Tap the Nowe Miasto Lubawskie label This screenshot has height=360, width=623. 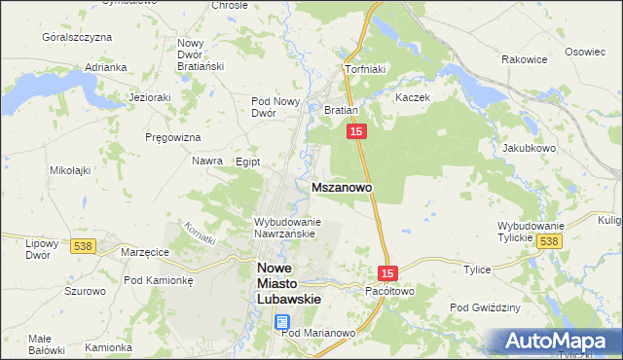288,283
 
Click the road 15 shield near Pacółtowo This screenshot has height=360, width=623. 387,275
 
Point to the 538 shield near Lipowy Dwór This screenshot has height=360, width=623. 82,247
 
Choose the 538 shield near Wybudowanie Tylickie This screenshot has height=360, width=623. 549,241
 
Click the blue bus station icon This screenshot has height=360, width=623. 281,321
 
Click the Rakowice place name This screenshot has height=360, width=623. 523,59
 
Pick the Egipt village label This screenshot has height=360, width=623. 248,162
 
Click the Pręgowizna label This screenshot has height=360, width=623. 172,137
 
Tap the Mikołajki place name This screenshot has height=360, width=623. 70,170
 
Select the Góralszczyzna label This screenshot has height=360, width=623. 77,36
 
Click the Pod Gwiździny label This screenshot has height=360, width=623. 485,307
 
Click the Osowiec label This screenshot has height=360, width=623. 585,52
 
